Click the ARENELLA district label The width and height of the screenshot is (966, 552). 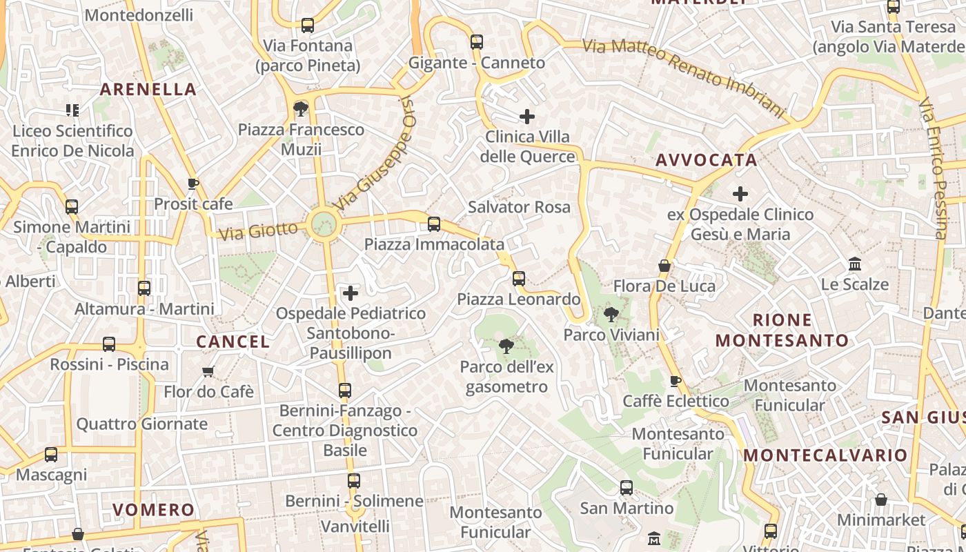pyautogui.click(x=148, y=89)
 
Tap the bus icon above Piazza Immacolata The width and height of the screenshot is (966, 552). pyautogui.click(x=434, y=224)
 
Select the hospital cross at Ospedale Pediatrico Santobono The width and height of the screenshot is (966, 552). pyautogui.click(x=351, y=294)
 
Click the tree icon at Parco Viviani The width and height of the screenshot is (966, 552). pyautogui.click(x=611, y=315)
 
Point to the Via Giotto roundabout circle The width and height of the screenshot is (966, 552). pyautogui.click(x=323, y=224)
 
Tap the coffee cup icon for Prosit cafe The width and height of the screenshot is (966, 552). pyautogui.click(x=193, y=184)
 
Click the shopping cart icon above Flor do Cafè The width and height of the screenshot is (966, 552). pyautogui.click(x=208, y=371)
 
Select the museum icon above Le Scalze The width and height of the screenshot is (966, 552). pyautogui.click(x=855, y=264)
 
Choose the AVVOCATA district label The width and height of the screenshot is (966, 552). pyautogui.click(x=706, y=160)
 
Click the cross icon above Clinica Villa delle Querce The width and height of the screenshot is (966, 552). pyautogui.click(x=528, y=116)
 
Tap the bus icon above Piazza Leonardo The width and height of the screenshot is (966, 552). pyautogui.click(x=519, y=279)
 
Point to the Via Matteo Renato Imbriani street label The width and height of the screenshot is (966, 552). pyautogui.click(x=684, y=76)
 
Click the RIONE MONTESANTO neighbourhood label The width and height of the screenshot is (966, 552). pyautogui.click(x=782, y=330)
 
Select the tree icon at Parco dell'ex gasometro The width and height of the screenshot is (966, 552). pyautogui.click(x=506, y=346)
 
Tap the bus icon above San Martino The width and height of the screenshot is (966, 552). pyautogui.click(x=627, y=488)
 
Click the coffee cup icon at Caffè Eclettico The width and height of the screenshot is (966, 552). pyautogui.click(x=676, y=381)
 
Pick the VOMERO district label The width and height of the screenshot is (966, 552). pyautogui.click(x=154, y=510)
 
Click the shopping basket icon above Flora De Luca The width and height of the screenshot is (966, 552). pyautogui.click(x=664, y=266)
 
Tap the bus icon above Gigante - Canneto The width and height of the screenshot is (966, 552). pyautogui.click(x=477, y=42)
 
